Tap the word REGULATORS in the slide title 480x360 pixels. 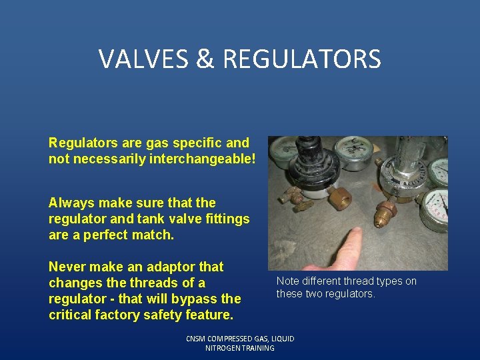[302, 59]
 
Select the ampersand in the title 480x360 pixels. [206, 59]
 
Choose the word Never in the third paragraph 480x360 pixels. [68, 267]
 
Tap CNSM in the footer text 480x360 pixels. [197, 339]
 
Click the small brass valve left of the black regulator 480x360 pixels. [288, 195]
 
